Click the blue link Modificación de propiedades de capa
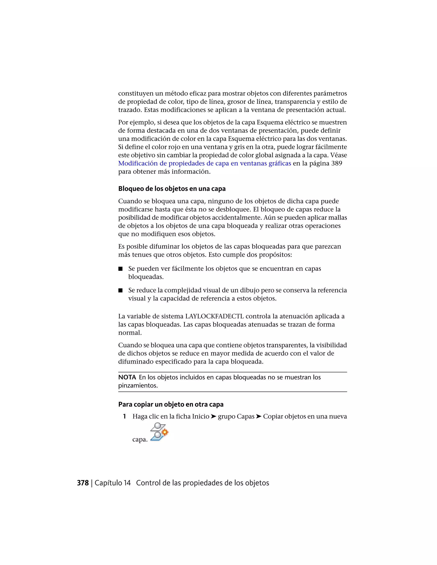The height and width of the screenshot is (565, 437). (204, 164)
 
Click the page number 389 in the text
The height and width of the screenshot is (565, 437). (336, 164)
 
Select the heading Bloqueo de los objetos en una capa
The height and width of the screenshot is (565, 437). (172, 189)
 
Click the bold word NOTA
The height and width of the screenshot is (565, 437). (127, 377)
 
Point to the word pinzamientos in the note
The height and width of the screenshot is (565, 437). (138, 385)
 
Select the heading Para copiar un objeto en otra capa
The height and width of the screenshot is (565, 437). (171, 404)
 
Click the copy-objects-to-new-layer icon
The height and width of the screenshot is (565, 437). (159, 432)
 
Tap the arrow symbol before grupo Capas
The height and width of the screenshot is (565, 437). (213, 416)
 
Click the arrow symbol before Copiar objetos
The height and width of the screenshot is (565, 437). (259, 416)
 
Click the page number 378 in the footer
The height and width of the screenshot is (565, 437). (83, 483)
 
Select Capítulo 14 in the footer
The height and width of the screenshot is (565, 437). (113, 483)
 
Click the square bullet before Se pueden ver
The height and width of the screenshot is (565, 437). (120, 269)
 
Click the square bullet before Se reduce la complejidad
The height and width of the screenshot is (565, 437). (120, 290)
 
